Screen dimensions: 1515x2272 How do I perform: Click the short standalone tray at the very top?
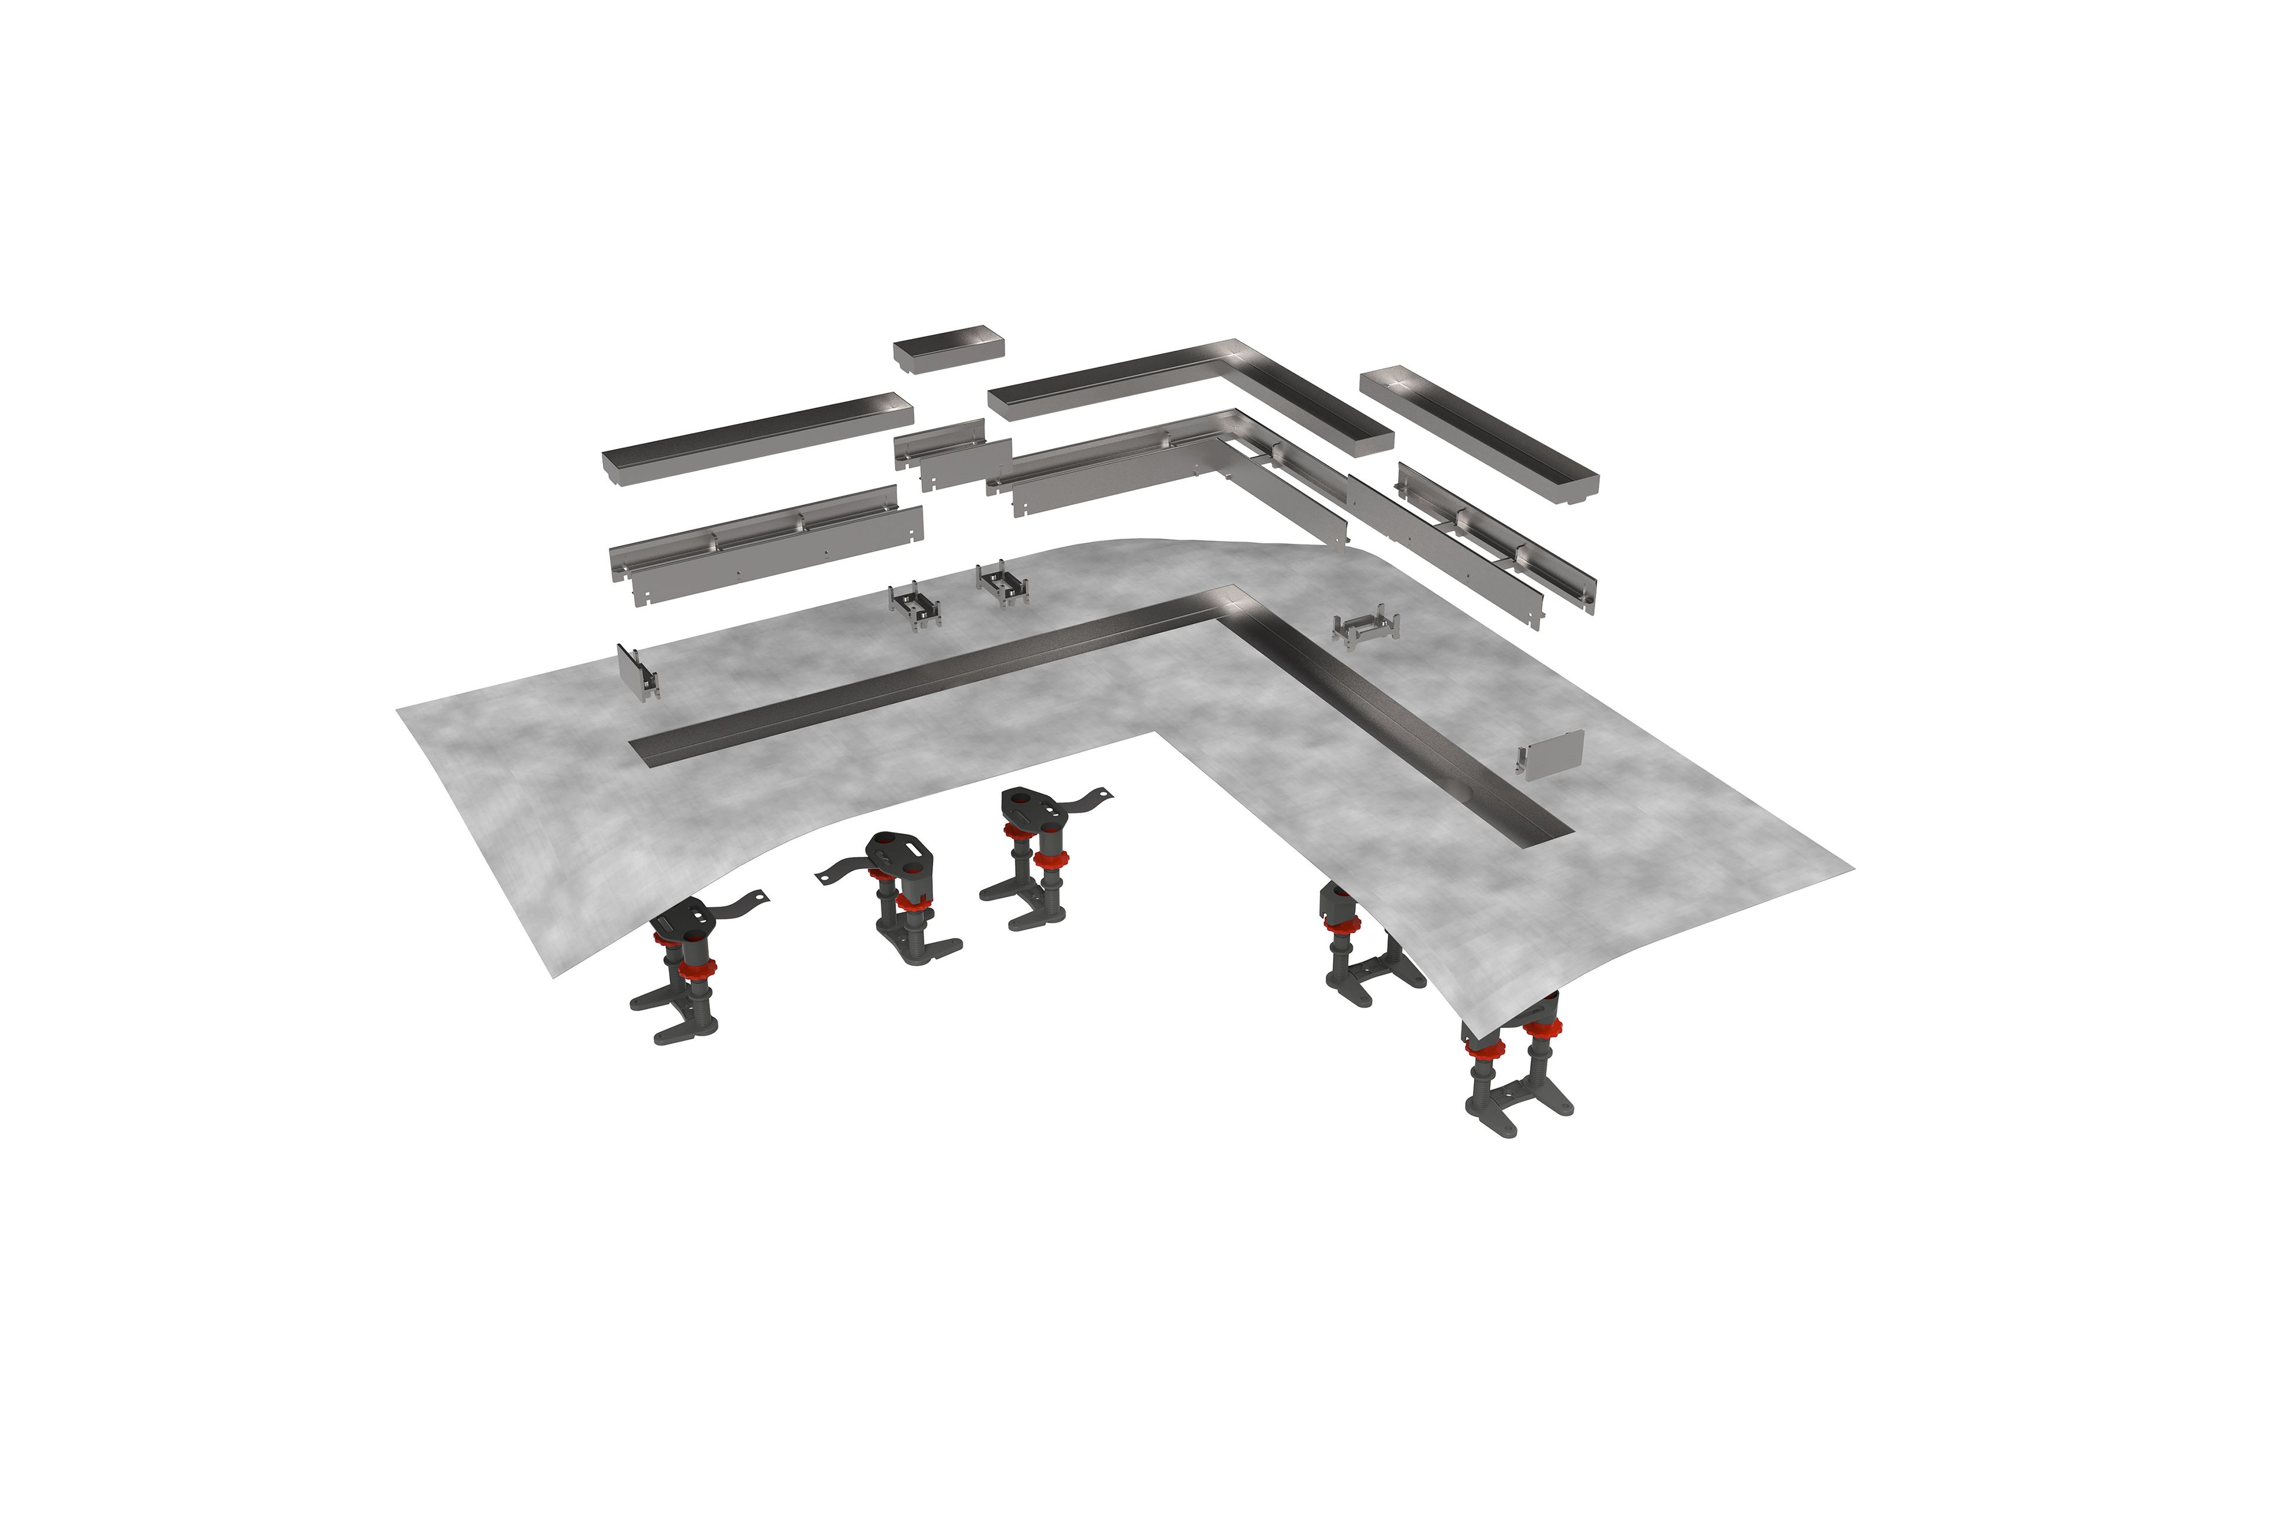[x=948, y=349]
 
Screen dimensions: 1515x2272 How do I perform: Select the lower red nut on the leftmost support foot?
[x=696, y=968]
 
